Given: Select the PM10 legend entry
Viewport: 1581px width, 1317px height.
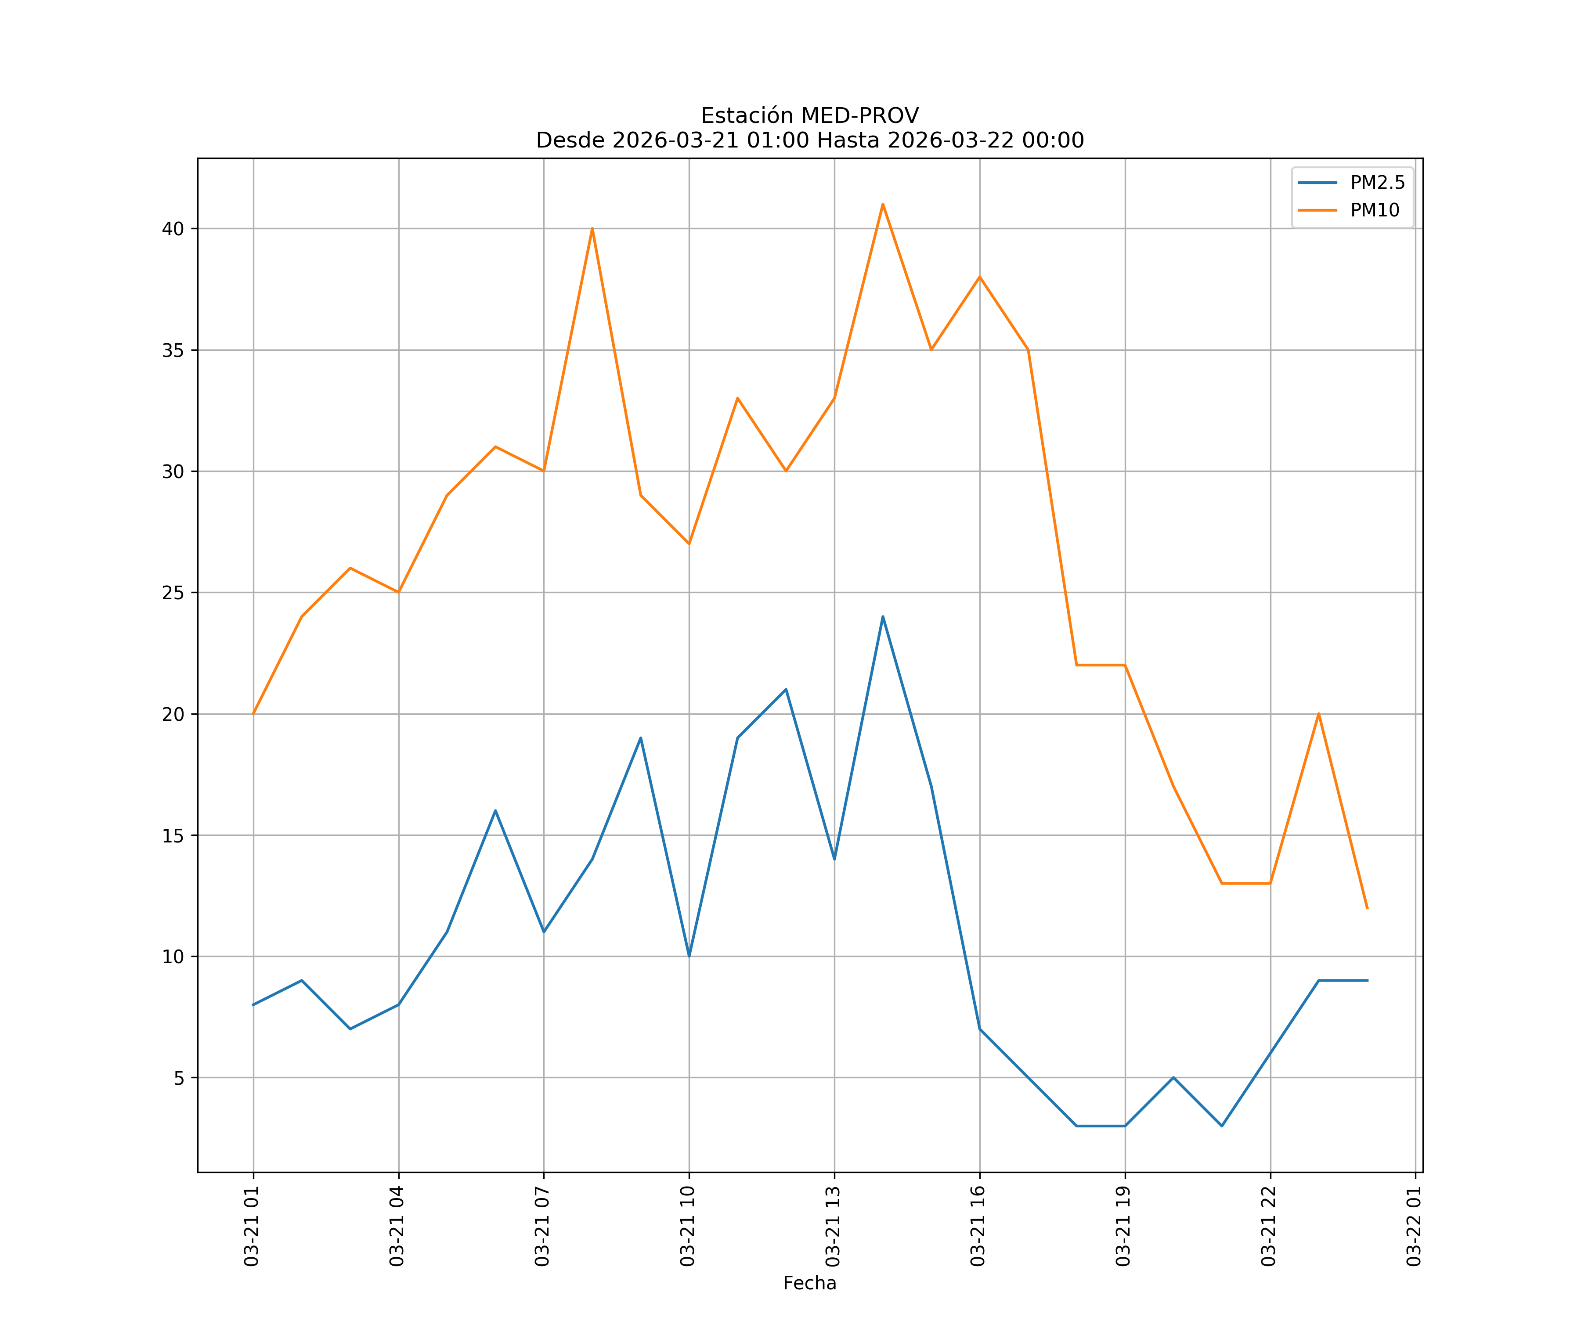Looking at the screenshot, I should click(1374, 211).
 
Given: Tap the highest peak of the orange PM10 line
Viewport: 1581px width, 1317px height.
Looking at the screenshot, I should click(882, 204).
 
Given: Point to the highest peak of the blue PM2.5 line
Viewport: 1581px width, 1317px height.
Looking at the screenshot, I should click(882, 617).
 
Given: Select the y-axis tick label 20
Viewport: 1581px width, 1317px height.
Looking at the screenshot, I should click(173, 714).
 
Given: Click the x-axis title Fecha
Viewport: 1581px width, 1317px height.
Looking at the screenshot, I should click(809, 1283).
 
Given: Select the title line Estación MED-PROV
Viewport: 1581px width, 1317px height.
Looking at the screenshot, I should click(809, 116).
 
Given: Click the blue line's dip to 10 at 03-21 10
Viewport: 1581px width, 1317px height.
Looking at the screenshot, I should click(689, 956).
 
